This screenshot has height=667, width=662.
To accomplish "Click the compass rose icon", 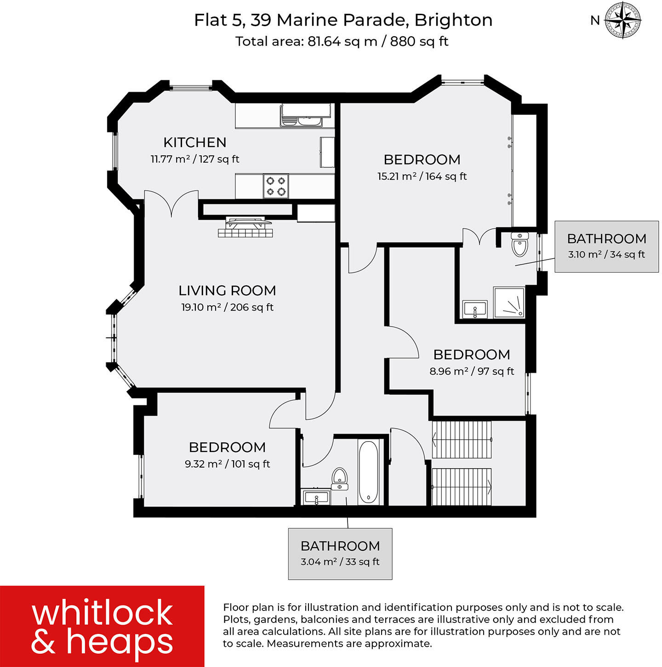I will click(622, 20).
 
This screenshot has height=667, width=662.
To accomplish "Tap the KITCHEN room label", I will click(195, 142).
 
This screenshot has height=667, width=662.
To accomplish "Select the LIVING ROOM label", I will click(227, 290).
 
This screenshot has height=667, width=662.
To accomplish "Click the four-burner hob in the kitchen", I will click(276, 186).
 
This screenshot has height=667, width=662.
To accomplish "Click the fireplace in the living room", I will click(245, 227).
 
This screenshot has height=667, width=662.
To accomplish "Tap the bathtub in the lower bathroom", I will click(368, 472).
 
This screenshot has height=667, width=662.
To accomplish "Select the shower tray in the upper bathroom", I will click(509, 303).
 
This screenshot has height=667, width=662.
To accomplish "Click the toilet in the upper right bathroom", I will click(520, 244).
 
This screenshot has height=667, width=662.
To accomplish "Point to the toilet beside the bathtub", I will click(340, 478).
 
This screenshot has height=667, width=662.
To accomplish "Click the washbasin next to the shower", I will click(475, 308).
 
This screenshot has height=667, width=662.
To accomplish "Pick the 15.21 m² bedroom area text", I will click(422, 176).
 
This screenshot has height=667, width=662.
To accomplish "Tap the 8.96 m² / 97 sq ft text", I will click(472, 371).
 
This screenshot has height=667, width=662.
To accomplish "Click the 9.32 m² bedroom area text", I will click(227, 464).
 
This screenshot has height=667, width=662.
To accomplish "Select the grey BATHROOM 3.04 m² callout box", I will click(340, 554).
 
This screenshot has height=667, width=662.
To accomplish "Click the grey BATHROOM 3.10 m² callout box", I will click(606, 246).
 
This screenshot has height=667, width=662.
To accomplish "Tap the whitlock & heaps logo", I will click(102, 626).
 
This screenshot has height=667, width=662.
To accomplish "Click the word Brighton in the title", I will click(453, 20).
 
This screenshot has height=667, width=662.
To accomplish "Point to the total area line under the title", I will click(342, 41).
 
